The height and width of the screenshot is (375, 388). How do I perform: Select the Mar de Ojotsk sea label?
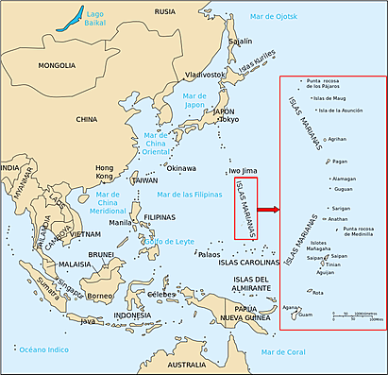[273, 18]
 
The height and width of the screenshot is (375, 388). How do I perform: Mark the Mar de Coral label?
[285, 352]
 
